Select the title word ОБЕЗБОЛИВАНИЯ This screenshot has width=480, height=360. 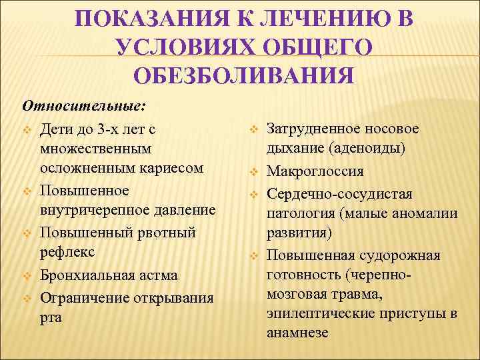(x=243, y=75)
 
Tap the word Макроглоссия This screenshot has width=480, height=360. (x=315, y=171)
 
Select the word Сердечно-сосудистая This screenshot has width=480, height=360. (x=339, y=193)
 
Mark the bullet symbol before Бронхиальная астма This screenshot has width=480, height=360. (x=27, y=275)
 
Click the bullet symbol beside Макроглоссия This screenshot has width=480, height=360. (x=254, y=172)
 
